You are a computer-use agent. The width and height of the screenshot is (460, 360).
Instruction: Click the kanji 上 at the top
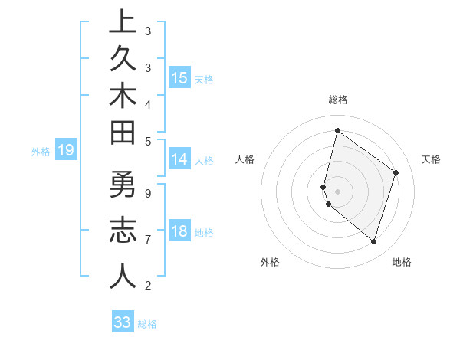tap(123, 21)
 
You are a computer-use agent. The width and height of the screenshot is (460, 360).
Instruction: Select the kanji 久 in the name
tap(123, 59)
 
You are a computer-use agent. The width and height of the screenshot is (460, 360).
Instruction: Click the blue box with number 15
tap(179, 78)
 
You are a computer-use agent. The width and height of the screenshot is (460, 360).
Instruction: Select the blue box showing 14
tap(179, 159)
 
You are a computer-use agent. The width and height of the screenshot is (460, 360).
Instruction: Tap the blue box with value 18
tap(179, 231)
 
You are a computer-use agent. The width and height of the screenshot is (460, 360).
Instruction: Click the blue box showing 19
tap(66, 150)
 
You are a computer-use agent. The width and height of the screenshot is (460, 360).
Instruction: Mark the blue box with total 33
tap(123, 322)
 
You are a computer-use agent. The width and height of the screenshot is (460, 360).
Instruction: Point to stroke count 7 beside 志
tap(148, 240)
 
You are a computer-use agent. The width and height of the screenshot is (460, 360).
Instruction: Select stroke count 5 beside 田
tap(148, 141)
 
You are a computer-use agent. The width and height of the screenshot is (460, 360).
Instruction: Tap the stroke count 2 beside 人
tap(148, 286)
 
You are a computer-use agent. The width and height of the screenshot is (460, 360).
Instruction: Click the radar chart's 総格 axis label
tap(337, 100)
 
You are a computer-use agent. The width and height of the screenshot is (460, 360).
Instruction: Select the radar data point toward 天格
tap(396, 172)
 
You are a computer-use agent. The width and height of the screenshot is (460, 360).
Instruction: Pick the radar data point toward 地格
tap(373, 241)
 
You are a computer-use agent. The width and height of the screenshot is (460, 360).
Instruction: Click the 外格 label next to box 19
tap(41, 152)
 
